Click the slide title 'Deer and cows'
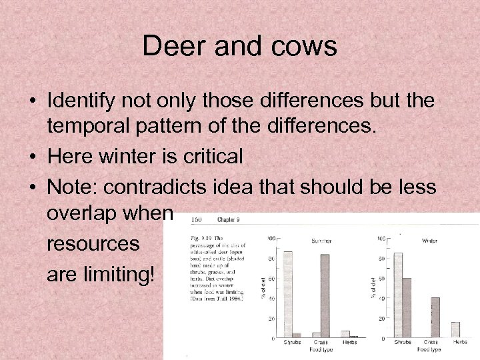pyautogui.click(x=240, y=47)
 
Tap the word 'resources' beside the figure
pyautogui.click(x=93, y=244)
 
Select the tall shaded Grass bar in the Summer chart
pyautogui.click(x=325, y=296)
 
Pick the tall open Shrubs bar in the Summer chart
pyautogui.click(x=288, y=294)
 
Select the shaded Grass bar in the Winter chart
pyautogui.click(x=435, y=317)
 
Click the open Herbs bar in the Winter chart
pyautogui.click(x=456, y=330)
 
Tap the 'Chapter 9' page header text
pyautogui.click(x=229, y=219)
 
